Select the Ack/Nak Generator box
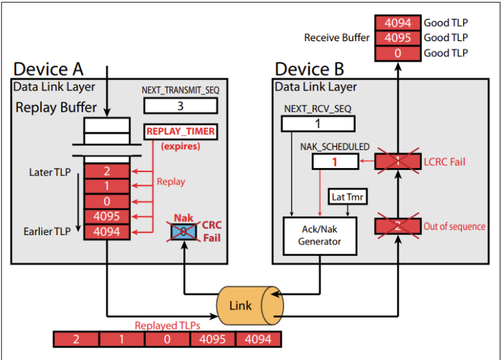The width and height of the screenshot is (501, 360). point(319,234)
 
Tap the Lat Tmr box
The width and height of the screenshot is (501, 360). point(345,197)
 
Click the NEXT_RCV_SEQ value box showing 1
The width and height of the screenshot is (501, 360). point(318,124)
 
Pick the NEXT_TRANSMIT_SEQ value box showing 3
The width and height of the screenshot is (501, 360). point(179,106)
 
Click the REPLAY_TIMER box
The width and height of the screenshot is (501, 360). point(181,132)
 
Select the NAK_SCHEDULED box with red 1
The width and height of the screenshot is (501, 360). point(336,161)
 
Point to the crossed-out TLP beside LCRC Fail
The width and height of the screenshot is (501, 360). point(397,161)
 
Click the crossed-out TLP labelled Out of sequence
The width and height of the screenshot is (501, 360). point(397,226)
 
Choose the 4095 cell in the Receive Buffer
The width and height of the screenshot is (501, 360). point(397,38)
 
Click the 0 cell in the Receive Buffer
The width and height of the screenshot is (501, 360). point(397,53)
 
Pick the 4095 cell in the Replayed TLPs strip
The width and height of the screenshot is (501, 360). point(212,339)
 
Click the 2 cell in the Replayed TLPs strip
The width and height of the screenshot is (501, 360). point(76,339)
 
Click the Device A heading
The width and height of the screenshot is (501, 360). point(49,68)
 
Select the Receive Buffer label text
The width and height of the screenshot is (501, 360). point(337,38)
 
